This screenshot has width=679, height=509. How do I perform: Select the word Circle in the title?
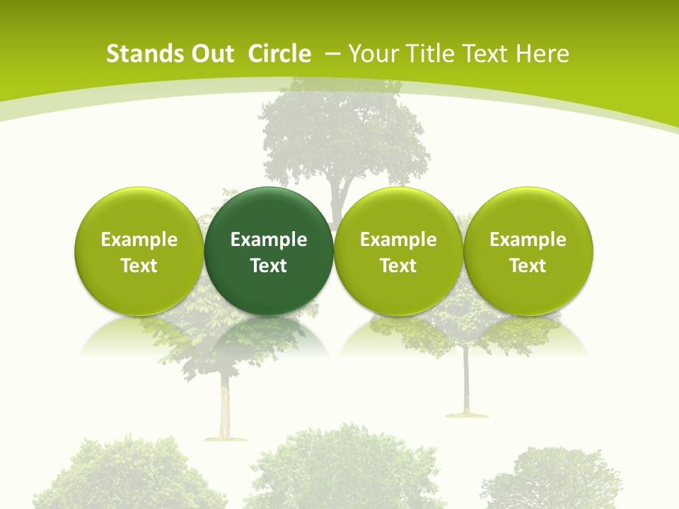pos(279,54)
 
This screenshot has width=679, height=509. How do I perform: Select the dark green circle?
pos(269,251)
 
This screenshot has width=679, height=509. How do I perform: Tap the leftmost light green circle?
pos(139,251)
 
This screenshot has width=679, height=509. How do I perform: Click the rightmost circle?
pos(528,251)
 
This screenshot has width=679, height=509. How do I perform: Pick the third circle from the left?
pos(398,251)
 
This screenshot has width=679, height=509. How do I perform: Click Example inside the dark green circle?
pos(269,240)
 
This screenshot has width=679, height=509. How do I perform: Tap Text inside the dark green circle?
pos(269,266)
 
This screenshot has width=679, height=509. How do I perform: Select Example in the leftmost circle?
pos(139,240)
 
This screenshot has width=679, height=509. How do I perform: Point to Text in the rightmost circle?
pos(528,266)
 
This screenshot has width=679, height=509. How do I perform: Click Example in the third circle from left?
pos(398,240)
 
